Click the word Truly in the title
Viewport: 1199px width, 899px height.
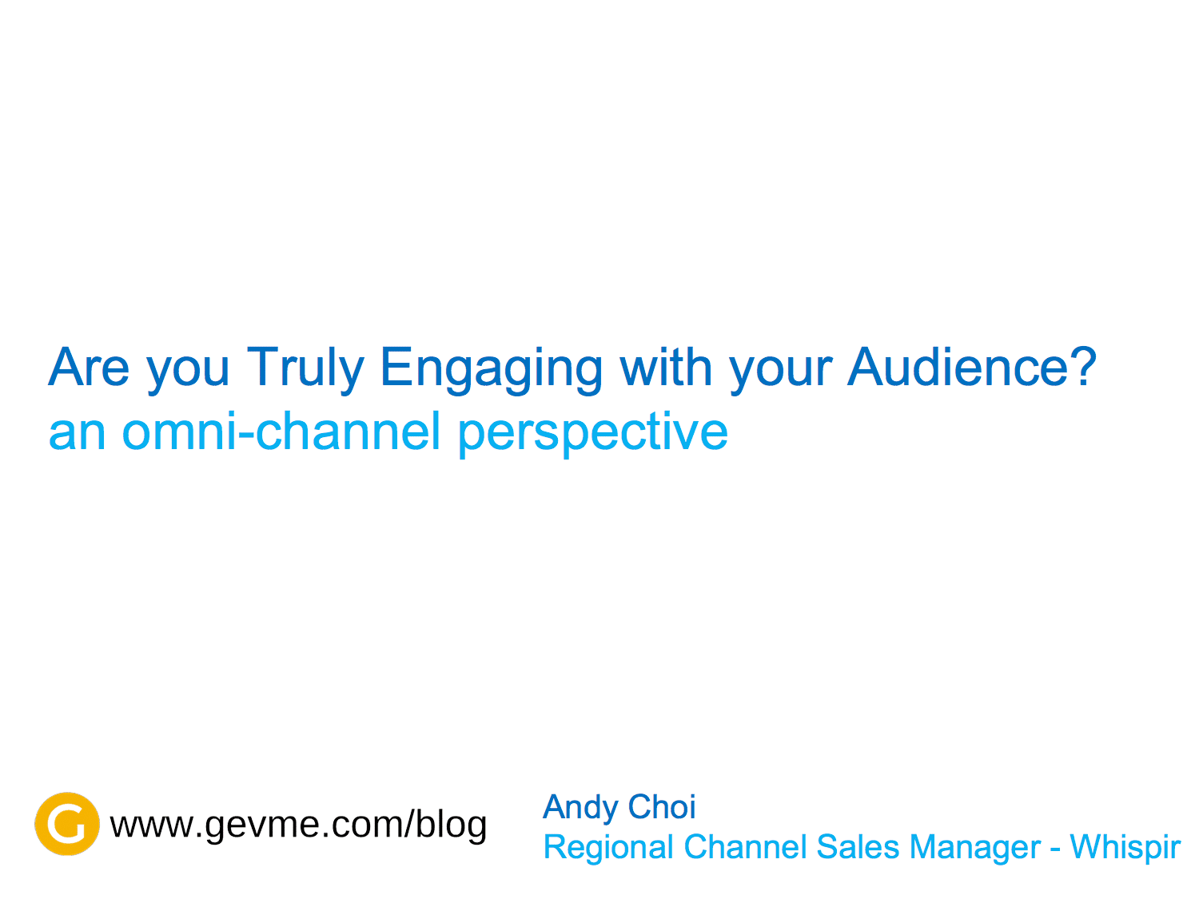click(305, 369)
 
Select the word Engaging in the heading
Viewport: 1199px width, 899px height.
click(491, 369)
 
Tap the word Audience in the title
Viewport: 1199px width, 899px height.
click(956, 367)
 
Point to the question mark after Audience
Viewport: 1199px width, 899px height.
click(1081, 366)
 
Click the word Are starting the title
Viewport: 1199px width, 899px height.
click(89, 367)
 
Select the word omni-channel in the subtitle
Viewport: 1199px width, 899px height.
click(281, 432)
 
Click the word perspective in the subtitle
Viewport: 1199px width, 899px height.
click(592, 435)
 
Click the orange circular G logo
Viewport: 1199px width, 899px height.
click(66, 823)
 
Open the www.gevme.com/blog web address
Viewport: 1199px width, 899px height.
click(297, 824)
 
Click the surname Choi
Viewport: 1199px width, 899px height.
click(661, 806)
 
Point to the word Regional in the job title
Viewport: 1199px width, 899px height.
click(608, 848)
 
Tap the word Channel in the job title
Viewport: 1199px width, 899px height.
click(744, 846)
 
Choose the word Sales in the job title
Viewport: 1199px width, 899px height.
click(857, 846)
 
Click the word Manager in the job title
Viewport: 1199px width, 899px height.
click(974, 848)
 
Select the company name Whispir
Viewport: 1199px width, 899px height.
click(1124, 848)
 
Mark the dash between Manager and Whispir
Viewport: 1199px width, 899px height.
click(1054, 849)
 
